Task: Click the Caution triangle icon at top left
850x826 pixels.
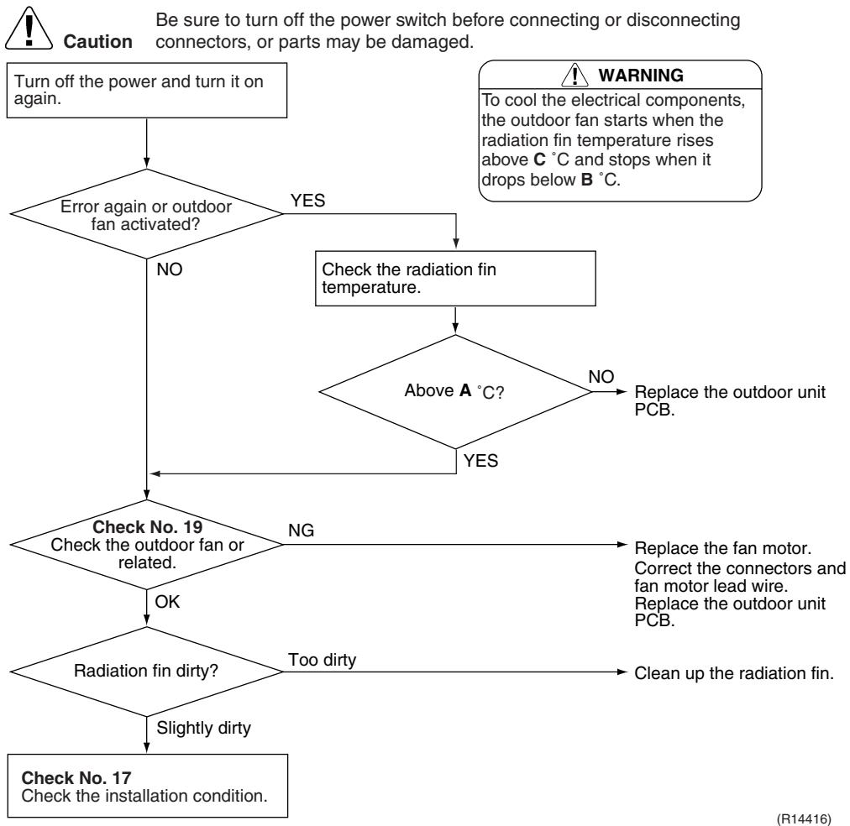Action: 29,29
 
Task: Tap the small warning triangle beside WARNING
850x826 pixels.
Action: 575,75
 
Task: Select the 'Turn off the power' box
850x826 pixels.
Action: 146,91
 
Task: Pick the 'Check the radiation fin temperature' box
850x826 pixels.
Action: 455,279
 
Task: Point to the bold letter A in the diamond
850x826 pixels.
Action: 465,390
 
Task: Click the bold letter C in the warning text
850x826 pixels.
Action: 539,159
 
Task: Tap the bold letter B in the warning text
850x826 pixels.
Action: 586,180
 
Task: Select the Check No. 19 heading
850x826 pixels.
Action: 148,527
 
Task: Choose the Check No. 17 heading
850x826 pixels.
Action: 76,778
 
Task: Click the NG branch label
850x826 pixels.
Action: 301,531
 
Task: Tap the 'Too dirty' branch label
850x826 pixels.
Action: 322,660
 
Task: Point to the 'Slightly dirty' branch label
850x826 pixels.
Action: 204,728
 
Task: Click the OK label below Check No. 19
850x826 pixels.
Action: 167,602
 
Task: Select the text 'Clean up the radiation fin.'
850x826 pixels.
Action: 734,673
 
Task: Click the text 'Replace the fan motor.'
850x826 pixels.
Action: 723,548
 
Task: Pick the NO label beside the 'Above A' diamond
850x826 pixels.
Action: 601,376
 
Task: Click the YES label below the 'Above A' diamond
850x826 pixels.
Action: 480,461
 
